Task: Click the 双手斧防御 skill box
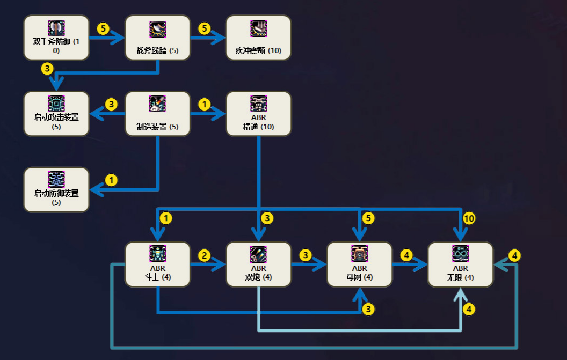click(x=56, y=38)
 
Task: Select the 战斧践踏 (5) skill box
click(x=158, y=38)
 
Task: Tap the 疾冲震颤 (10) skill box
click(x=259, y=38)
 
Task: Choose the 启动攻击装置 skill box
click(x=56, y=114)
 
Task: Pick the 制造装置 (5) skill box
click(x=158, y=114)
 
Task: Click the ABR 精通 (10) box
click(x=259, y=114)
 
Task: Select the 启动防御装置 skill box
click(x=56, y=190)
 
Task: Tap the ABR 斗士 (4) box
click(x=158, y=265)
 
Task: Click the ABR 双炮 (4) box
click(x=259, y=265)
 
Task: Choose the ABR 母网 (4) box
click(x=359, y=265)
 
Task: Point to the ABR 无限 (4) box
click(x=460, y=265)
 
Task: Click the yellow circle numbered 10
click(x=469, y=218)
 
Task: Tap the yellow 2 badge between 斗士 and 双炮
click(x=205, y=255)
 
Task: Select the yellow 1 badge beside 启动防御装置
click(x=111, y=180)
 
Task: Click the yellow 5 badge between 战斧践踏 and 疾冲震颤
click(x=205, y=28)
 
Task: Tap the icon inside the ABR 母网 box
click(x=359, y=253)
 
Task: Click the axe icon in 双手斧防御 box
click(x=56, y=28)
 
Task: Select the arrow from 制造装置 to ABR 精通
click(x=208, y=114)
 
